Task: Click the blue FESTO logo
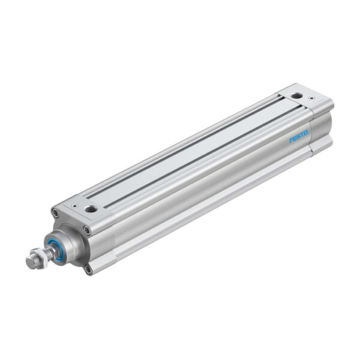[298, 136]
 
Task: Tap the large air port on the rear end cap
[296, 96]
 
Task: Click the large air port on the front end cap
[91, 209]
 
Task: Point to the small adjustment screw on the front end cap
[74, 204]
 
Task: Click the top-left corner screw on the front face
[56, 212]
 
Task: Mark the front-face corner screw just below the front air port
[88, 230]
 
